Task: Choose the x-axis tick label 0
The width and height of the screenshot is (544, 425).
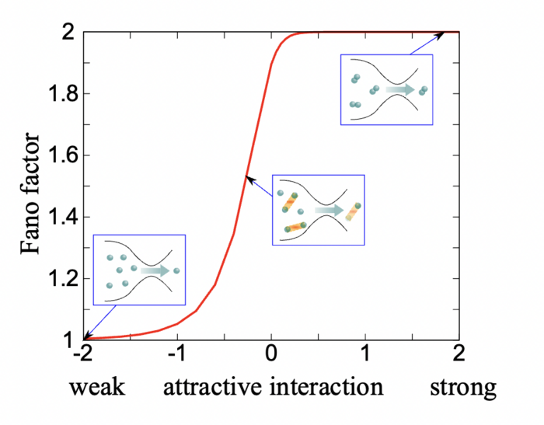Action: (x=271, y=354)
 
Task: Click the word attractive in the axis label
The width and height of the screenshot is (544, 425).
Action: (x=214, y=386)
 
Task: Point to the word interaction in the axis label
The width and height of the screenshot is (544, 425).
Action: (x=327, y=386)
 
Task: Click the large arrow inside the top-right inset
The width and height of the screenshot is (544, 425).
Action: (x=400, y=90)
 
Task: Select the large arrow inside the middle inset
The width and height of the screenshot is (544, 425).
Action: (x=328, y=210)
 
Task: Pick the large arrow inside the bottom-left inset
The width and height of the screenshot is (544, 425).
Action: (x=155, y=270)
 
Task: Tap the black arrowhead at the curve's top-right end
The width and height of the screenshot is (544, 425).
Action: (x=441, y=34)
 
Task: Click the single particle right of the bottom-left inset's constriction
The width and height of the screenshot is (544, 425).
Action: (x=176, y=270)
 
